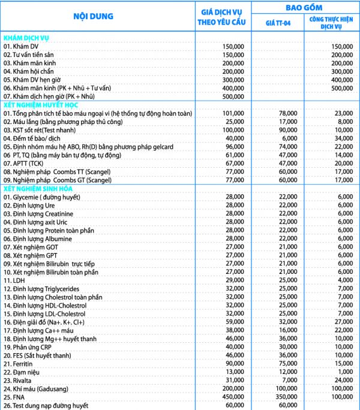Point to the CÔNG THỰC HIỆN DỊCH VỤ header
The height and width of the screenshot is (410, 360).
tap(332, 23)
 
